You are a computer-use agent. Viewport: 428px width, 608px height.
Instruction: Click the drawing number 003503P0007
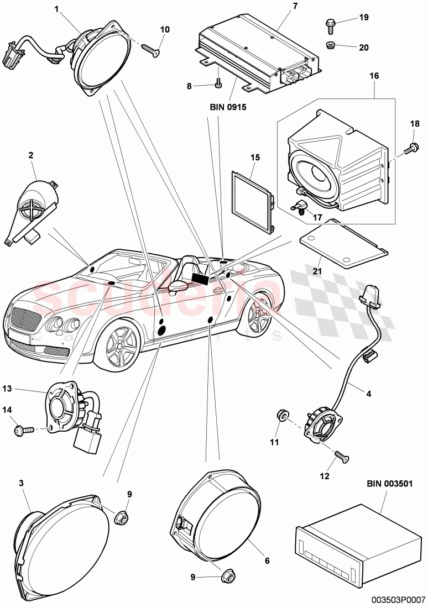click(x=398, y=599)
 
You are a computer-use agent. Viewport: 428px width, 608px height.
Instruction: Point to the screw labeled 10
click(x=150, y=50)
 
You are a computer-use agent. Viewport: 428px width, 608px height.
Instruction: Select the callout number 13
click(x=22, y=390)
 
